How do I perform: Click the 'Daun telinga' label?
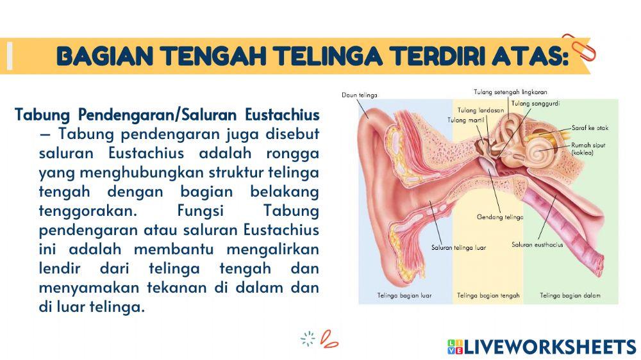pos(359,95)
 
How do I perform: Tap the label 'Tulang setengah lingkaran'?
pos(510,92)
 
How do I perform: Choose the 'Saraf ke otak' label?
pos(590,128)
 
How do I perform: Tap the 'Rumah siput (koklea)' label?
pos(588,149)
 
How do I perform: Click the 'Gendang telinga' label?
pos(500,217)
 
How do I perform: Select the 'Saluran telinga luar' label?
pos(458,247)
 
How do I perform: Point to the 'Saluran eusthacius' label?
pos(537,244)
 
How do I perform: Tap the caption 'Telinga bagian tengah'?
pos(488,296)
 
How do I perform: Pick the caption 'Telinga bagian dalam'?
pos(570,296)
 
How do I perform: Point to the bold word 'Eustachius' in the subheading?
pos(282,115)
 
